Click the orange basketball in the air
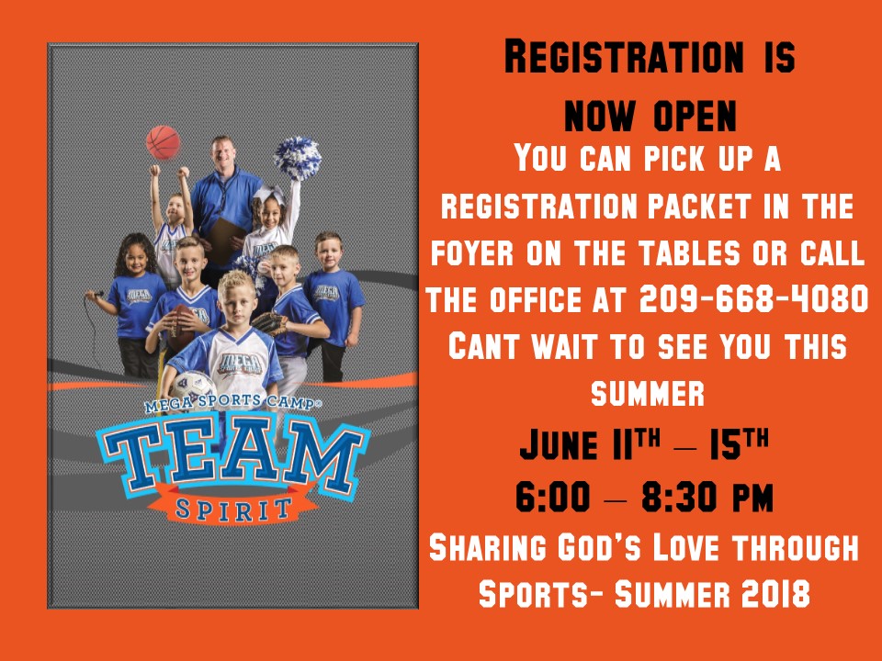click(164, 143)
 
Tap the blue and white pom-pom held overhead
click(297, 158)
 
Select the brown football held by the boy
click(181, 329)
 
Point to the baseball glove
click(270, 323)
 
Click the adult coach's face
click(224, 157)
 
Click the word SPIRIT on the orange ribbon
click(234, 510)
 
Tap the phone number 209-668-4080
click(753, 298)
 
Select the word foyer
click(472, 253)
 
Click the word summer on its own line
click(648, 393)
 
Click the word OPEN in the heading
click(695, 117)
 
